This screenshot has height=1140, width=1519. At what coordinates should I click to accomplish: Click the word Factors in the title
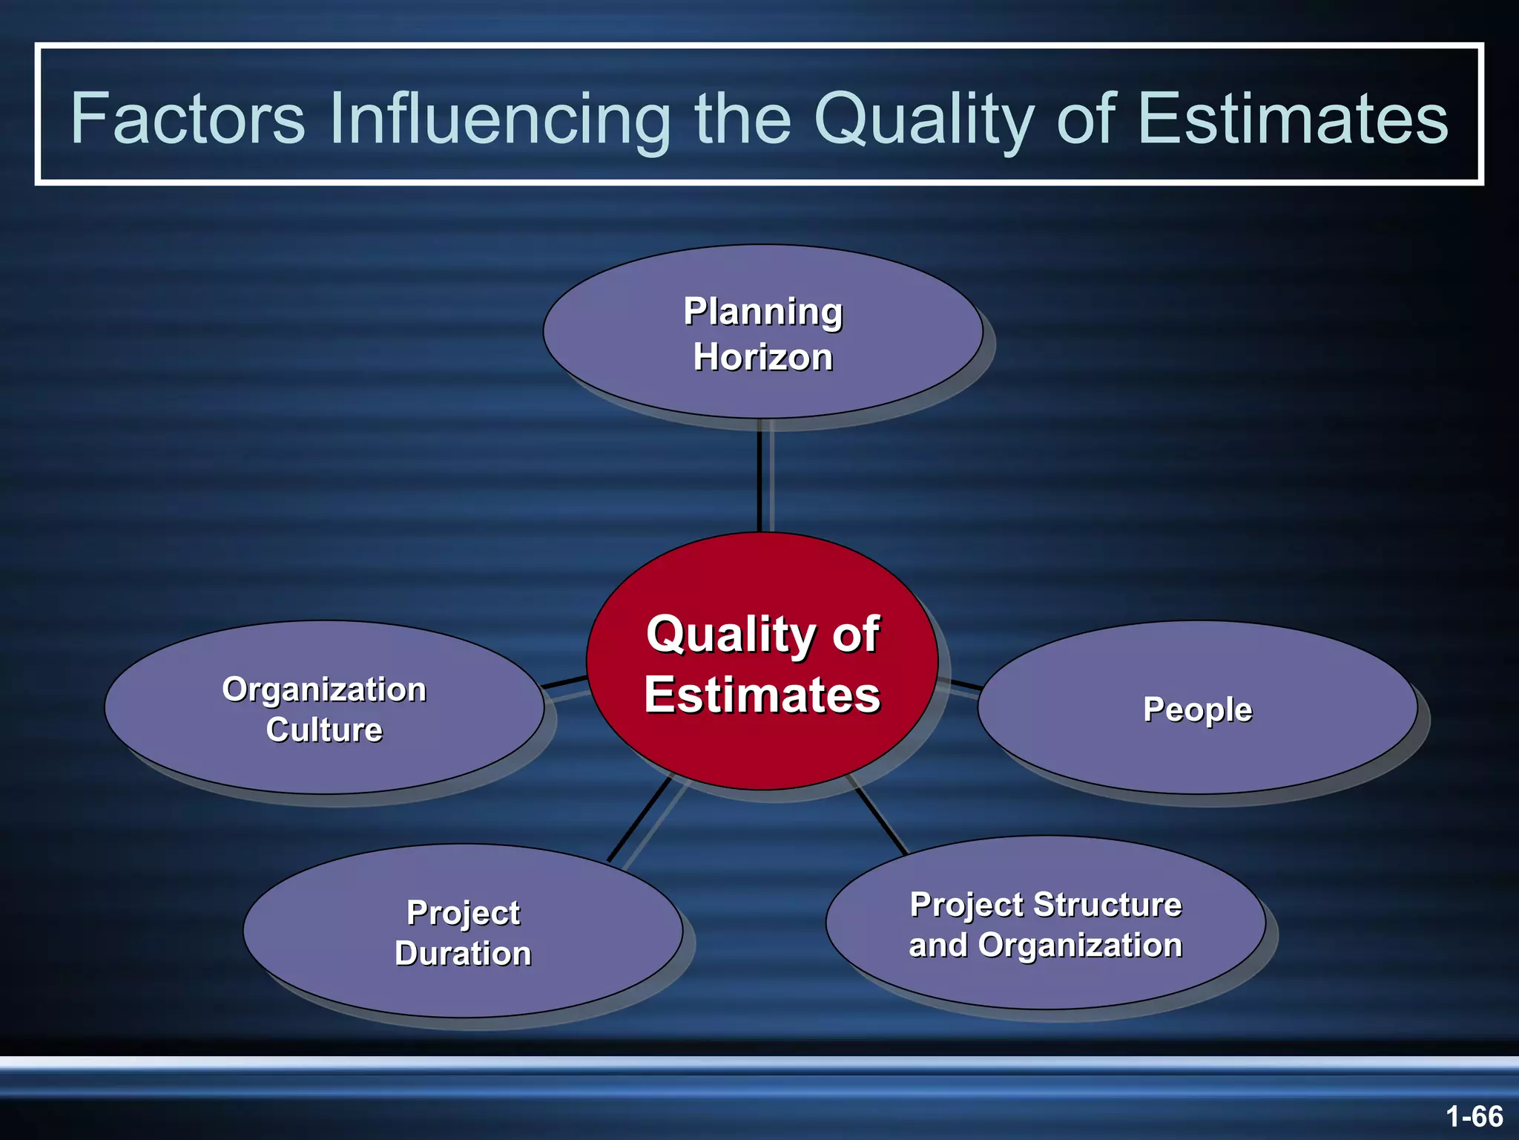(187, 119)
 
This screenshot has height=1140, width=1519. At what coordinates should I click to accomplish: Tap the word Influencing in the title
(500, 119)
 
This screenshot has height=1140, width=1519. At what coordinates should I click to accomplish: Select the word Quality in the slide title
(923, 119)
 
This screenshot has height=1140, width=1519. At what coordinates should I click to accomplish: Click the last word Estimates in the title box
(1292, 119)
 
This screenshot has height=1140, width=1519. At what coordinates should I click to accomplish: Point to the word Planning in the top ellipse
(763, 312)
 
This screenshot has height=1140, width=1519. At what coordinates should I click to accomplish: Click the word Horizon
(763, 357)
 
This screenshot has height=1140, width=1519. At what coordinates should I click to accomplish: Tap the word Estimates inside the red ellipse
(762, 695)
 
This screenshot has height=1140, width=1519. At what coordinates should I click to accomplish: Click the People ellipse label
(1197, 710)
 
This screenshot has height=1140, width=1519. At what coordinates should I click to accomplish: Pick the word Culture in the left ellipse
(324, 730)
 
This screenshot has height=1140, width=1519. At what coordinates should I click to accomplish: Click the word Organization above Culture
(324, 689)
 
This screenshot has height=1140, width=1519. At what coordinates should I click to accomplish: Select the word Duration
(463, 954)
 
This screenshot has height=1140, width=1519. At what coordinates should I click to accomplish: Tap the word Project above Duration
(463, 913)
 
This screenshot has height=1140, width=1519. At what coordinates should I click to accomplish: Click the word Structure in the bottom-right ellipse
(1107, 905)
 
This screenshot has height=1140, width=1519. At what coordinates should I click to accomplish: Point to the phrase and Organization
(1045, 946)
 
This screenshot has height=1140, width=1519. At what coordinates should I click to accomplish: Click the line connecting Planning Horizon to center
(759, 475)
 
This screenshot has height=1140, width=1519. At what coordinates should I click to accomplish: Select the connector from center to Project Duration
(639, 819)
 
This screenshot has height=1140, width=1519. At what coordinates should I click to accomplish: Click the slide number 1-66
(1474, 1116)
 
